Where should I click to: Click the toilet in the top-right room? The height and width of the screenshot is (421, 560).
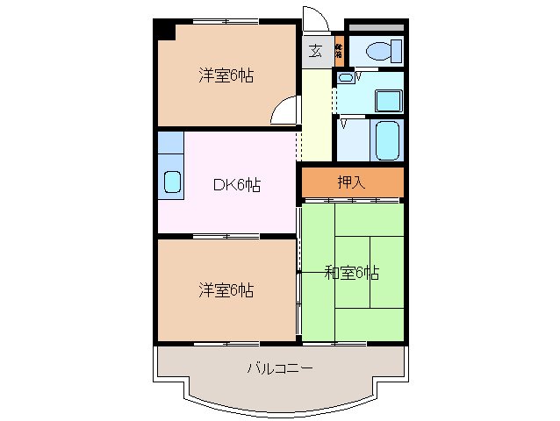(380, 51)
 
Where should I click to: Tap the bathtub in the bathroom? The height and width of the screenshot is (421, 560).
(387, 139)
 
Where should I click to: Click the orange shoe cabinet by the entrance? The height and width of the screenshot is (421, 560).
(339, 50)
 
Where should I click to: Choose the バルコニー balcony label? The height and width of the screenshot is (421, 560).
(280, 369)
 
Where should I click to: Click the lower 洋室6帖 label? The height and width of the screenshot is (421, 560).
(226, 290)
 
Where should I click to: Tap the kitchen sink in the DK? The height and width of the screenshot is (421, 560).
(172, 183)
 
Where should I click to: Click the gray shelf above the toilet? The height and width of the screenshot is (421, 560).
(375, 29)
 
